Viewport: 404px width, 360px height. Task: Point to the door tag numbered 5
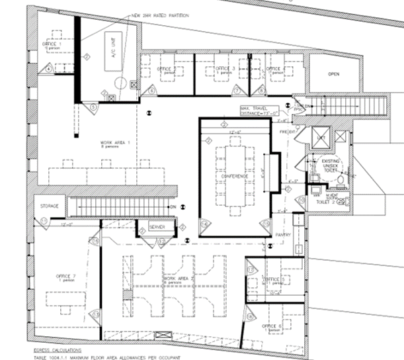click(94, 105)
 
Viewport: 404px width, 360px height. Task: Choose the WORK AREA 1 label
click(96, 144)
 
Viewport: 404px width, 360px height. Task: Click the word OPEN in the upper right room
click(333, 74)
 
